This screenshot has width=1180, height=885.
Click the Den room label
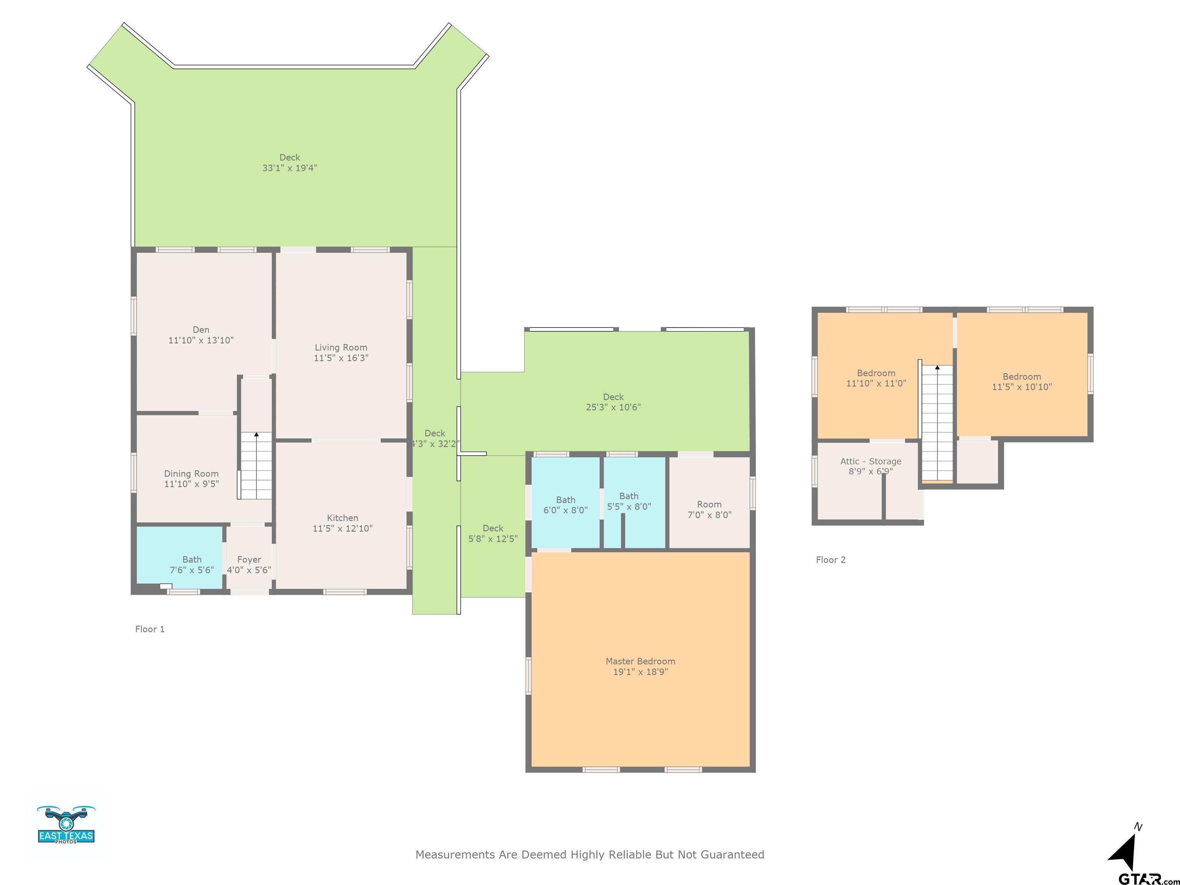[x=201, y=330]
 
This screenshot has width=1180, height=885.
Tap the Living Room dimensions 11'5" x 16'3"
[x=341, y=358]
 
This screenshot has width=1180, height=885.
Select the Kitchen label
[x=343, y=518]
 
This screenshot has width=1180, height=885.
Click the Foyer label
[x=249, y=560]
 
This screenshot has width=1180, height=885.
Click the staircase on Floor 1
[x=255, y=466]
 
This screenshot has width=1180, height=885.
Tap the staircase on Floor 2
[x=937, y=423]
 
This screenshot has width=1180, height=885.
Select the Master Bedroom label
[x=640, y=661]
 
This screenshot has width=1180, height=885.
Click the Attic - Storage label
[x=871, y=461]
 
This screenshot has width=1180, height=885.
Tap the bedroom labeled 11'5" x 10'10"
[x=1022, y=374]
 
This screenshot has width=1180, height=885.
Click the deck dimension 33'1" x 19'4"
[x=290, y=168]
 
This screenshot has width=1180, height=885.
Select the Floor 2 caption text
[x=830, y=560]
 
